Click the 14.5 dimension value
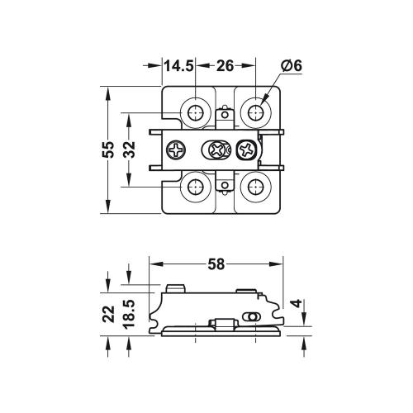tap(178, 66)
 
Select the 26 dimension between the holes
tap(224, 66)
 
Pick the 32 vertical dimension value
tap(130, 150)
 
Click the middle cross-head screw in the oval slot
tap(218, 150)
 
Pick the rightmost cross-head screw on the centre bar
tap(247, 150)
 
